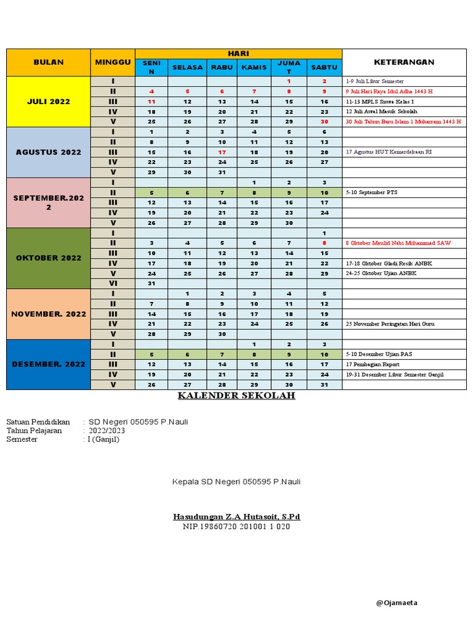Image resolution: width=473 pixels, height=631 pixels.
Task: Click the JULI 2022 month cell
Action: pos(49,102)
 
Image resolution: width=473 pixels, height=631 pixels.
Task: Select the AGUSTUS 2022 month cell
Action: pos(49,152)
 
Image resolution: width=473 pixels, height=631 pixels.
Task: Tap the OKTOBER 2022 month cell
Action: pos(49,258)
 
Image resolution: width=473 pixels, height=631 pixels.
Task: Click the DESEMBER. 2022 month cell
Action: pos(49,364)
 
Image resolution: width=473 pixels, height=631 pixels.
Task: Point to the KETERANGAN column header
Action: pos(404,62)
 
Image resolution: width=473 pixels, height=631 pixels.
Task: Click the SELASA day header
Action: pos(188,67)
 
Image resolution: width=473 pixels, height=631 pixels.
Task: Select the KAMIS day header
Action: pos(254,67)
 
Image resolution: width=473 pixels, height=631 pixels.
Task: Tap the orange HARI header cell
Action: pos(238,54)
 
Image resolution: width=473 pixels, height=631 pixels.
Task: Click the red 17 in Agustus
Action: pos(222,152)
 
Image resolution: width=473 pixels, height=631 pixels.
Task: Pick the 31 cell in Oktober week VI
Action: pos(152,283)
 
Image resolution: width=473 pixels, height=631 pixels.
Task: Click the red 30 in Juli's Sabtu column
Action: pos(325,122)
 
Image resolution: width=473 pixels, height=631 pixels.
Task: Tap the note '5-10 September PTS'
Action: pos(371,192)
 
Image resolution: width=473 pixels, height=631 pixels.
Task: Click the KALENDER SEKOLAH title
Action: pos(236,396)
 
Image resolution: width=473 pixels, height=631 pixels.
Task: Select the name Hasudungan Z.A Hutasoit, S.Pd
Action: pos(236,516)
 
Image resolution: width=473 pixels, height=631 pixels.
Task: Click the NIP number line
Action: pos(236,527)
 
